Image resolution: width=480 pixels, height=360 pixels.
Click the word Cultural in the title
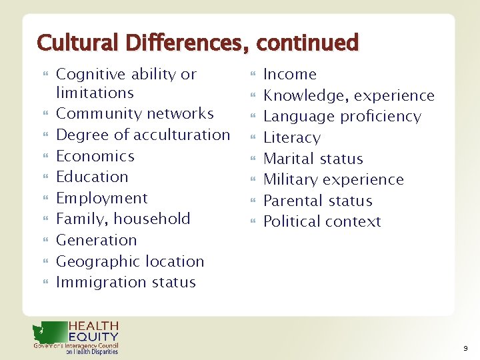point(68,43)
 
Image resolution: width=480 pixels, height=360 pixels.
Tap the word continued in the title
point(307,43)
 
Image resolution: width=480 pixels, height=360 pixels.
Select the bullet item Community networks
point(135,114)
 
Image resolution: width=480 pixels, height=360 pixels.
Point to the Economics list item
point(95,156)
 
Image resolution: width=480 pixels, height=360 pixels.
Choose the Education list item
point(92,177)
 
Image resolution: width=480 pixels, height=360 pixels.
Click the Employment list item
point(102,198)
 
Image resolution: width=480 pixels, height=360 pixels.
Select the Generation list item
point(97,240)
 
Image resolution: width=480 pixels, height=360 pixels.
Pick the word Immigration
point(97,283)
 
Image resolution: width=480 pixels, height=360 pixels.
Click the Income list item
point(290,74)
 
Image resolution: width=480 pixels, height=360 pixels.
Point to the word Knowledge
point(301,95)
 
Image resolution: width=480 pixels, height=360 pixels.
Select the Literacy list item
point(292,138)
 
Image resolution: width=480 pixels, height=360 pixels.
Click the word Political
point(291,221)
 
